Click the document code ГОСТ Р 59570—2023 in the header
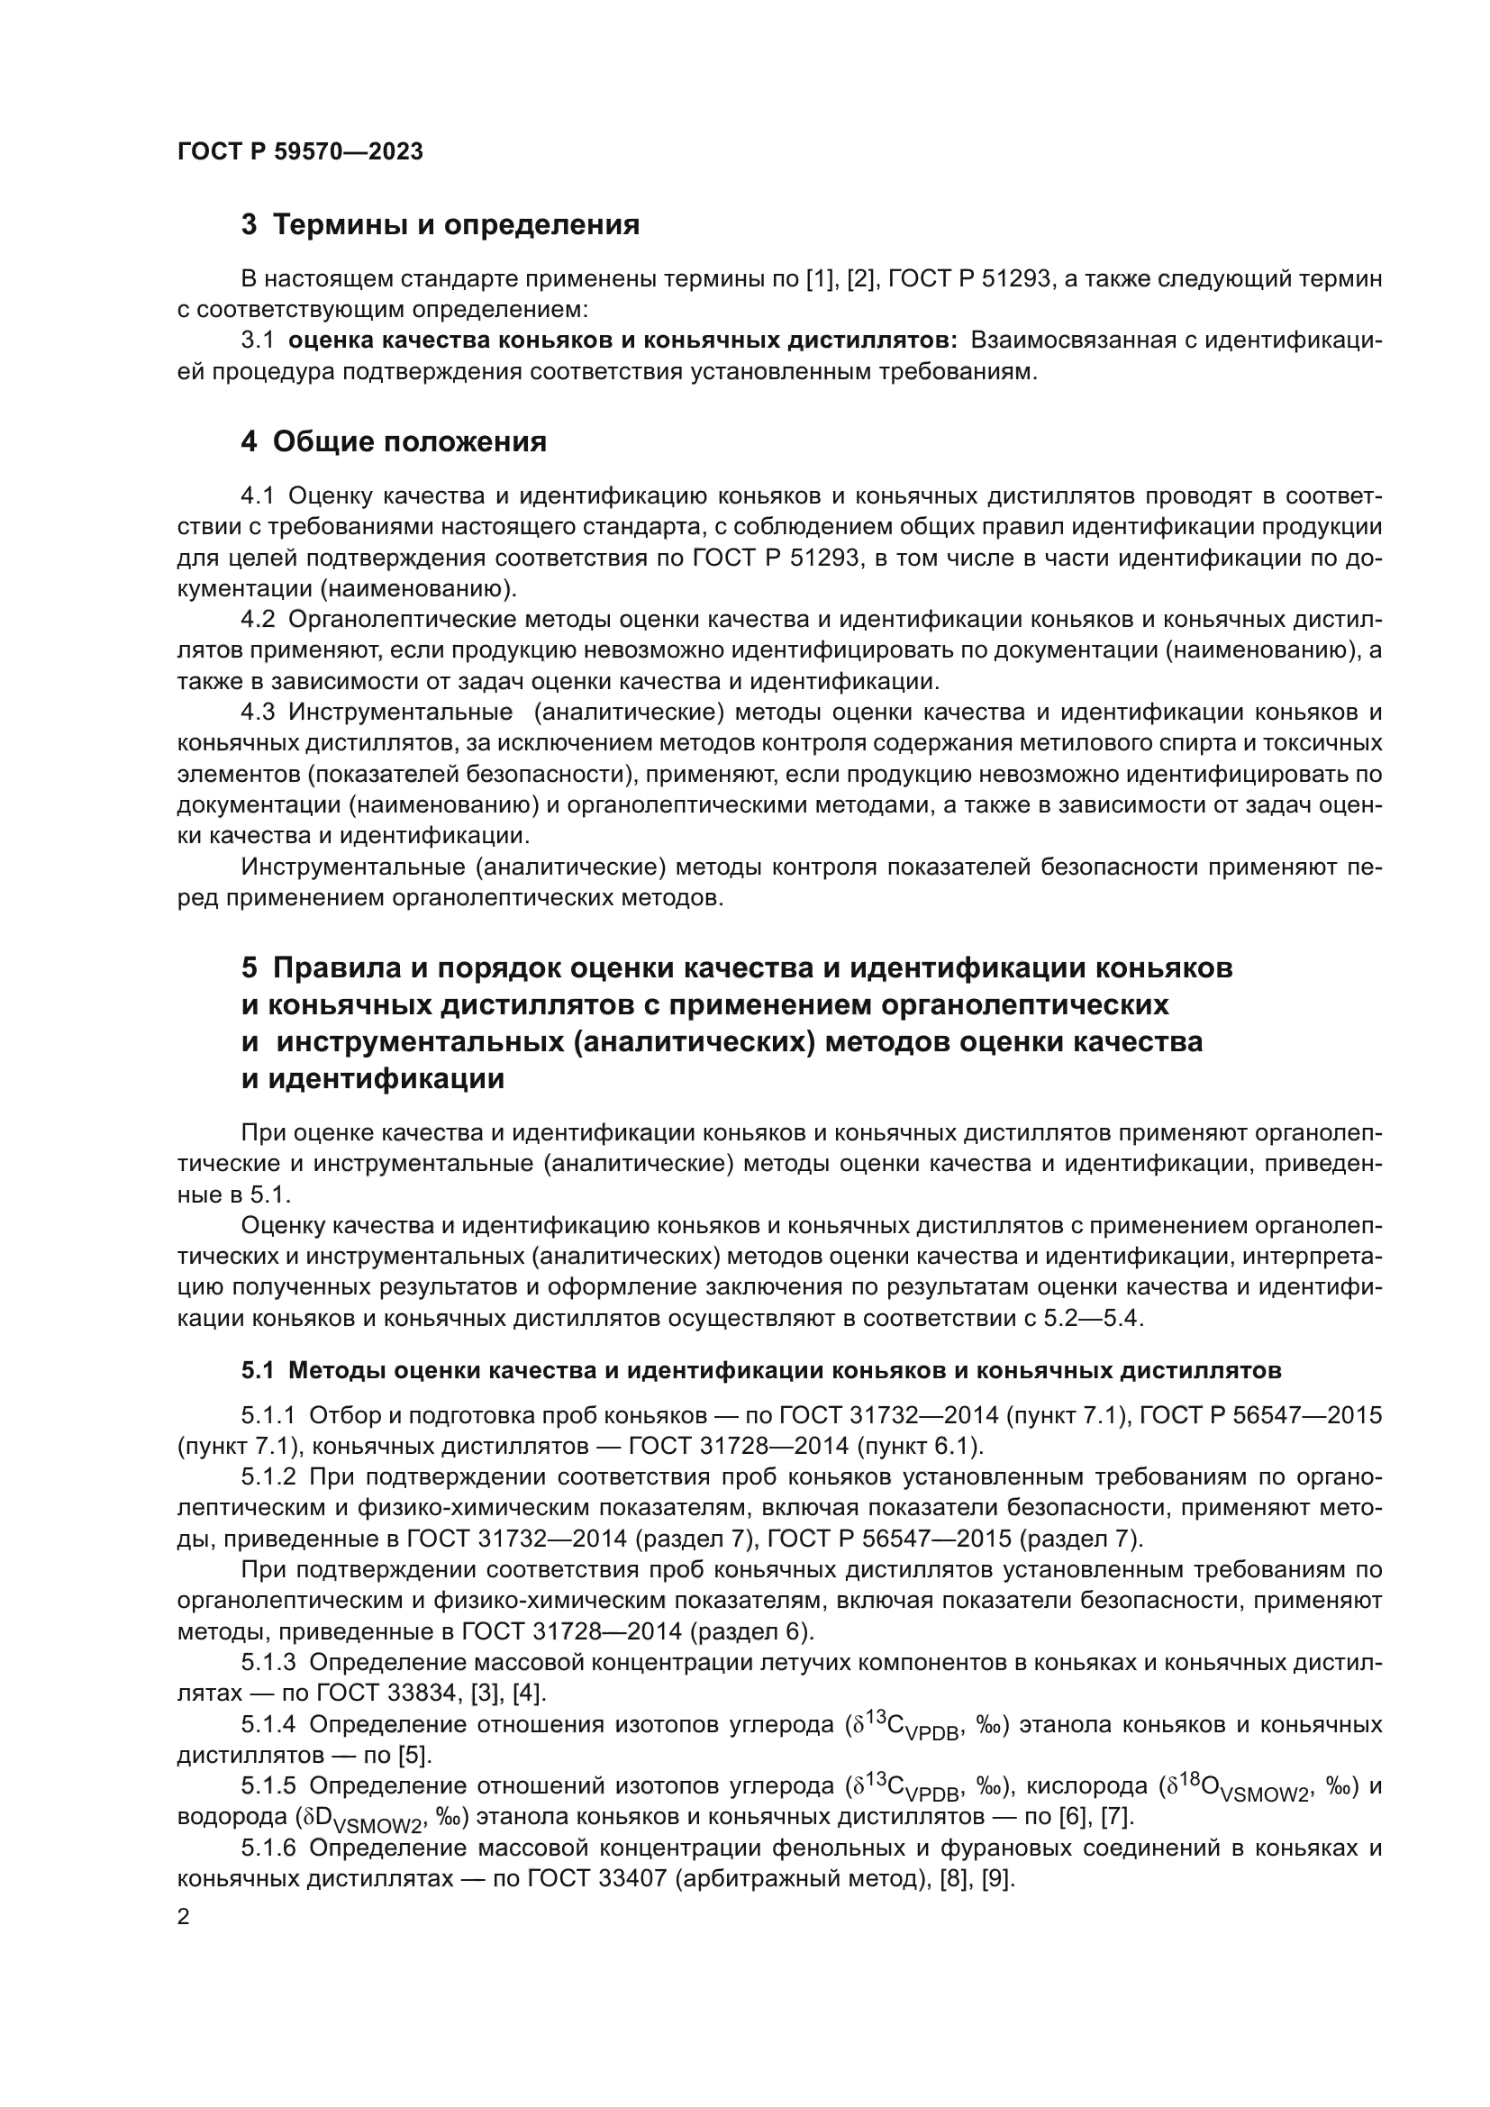coord(300,152)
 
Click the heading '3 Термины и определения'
coord(441,225)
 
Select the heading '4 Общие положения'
coord(394,442)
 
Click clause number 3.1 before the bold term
coord(258,341)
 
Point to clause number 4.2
coord(258,620)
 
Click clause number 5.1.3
coord(268,1663)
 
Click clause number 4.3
coord(258,713)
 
